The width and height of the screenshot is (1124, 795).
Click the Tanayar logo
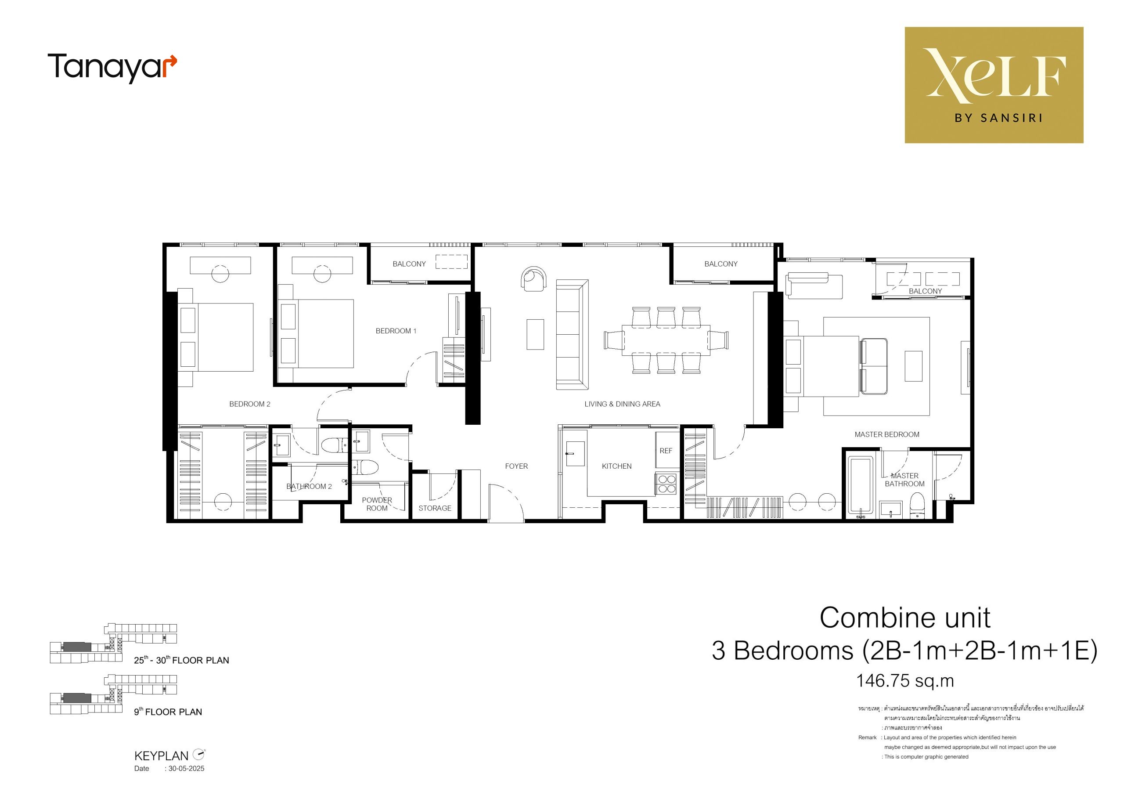112,68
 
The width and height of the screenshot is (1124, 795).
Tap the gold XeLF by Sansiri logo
994,85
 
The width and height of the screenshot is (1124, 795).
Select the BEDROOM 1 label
396,331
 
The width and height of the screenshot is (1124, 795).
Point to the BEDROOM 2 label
250,404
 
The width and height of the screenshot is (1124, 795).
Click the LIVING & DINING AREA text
622,404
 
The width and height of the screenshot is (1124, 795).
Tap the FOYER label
516,466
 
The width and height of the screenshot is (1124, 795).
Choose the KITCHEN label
617,466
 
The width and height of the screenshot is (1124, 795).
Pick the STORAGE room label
435,509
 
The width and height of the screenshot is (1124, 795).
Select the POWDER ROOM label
377,505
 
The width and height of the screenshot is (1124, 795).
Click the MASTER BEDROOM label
887,434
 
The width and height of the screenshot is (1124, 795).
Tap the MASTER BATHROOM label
904,480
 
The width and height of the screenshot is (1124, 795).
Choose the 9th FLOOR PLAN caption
168,711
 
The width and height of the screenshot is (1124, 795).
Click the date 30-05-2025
187,769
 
